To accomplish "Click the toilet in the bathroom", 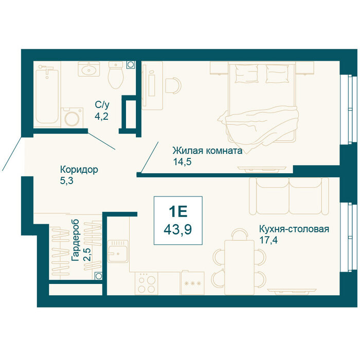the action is pyautogui.click(x=116, y=75).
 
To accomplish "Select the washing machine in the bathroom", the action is pyautogui.click(x=72, y=118).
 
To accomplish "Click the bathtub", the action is pyautogui.click(x=47, y=95).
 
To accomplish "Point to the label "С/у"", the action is pyautogui.click(x=102, y=105).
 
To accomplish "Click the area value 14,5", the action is pyautogui.click(x=182, y=162).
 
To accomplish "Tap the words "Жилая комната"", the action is pyautogui.click(x=208, y=151).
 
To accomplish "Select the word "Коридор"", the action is pyautogui.click(x=79, y=170).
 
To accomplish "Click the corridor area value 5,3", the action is pyautogui.click(x=66, y=181).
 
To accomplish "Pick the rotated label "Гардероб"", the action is pyautogui.click(x=75, y=240).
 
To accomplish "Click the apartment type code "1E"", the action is pyautogui.click(x=178, y=212).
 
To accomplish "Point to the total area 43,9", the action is pyautogui.click(x=178, y=229).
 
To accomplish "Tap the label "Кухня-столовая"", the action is pyautogui.click(x=294, y=229).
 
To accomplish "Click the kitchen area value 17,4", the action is pyautogui.click(x=268, y=240).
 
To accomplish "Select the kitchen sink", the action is pyautogui.click(x=118, y=251).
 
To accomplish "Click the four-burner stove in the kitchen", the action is pyautogui.click(x=146, y=283).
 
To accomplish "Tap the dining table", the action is pyautogui.click(x=239, y=267).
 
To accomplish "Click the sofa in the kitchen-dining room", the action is pyautogui.click(x=289, y=196).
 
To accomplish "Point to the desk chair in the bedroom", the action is pyautogui.click(x=173, y=85).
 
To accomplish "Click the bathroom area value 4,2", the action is pyautogui.click(x=101, y=116).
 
